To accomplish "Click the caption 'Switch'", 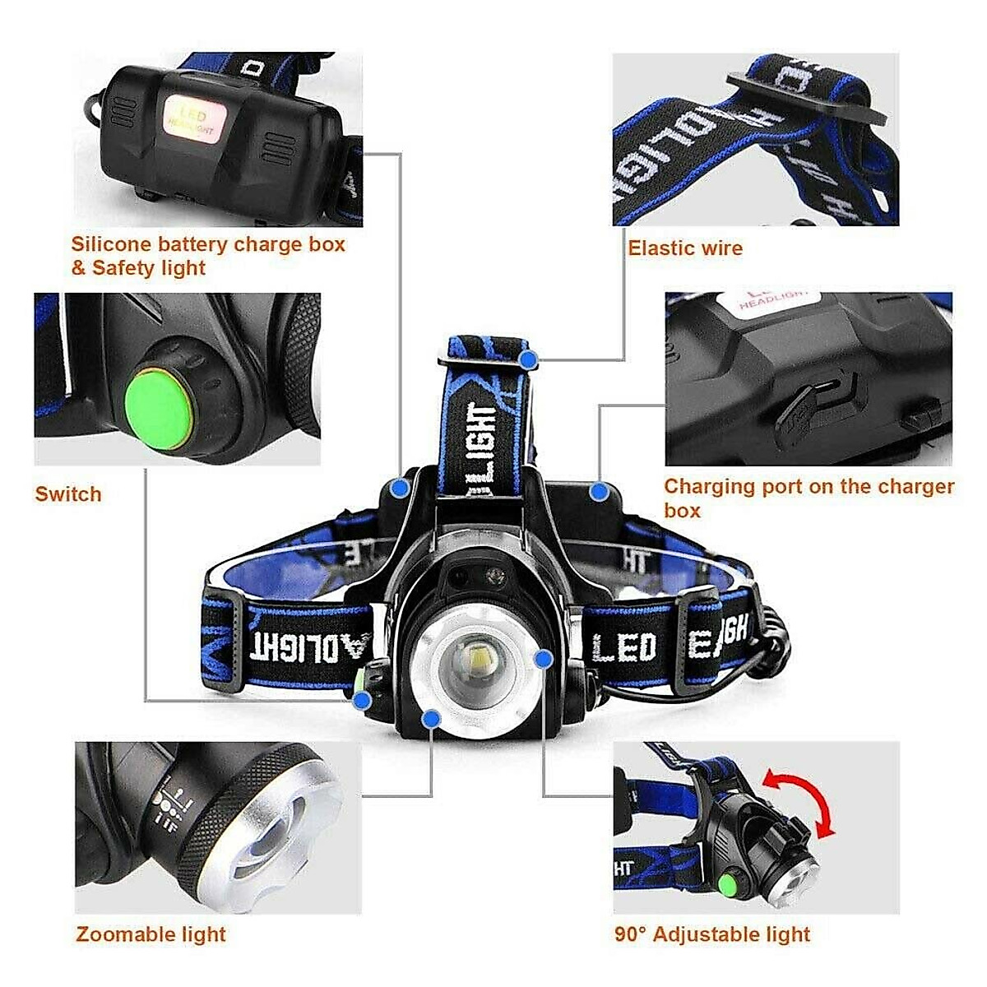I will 68,494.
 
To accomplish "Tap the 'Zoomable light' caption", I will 151,934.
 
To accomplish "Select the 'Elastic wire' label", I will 685,248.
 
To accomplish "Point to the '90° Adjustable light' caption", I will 712,934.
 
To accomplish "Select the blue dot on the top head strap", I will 530,359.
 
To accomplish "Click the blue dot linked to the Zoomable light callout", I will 430,720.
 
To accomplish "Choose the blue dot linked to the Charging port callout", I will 600,493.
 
